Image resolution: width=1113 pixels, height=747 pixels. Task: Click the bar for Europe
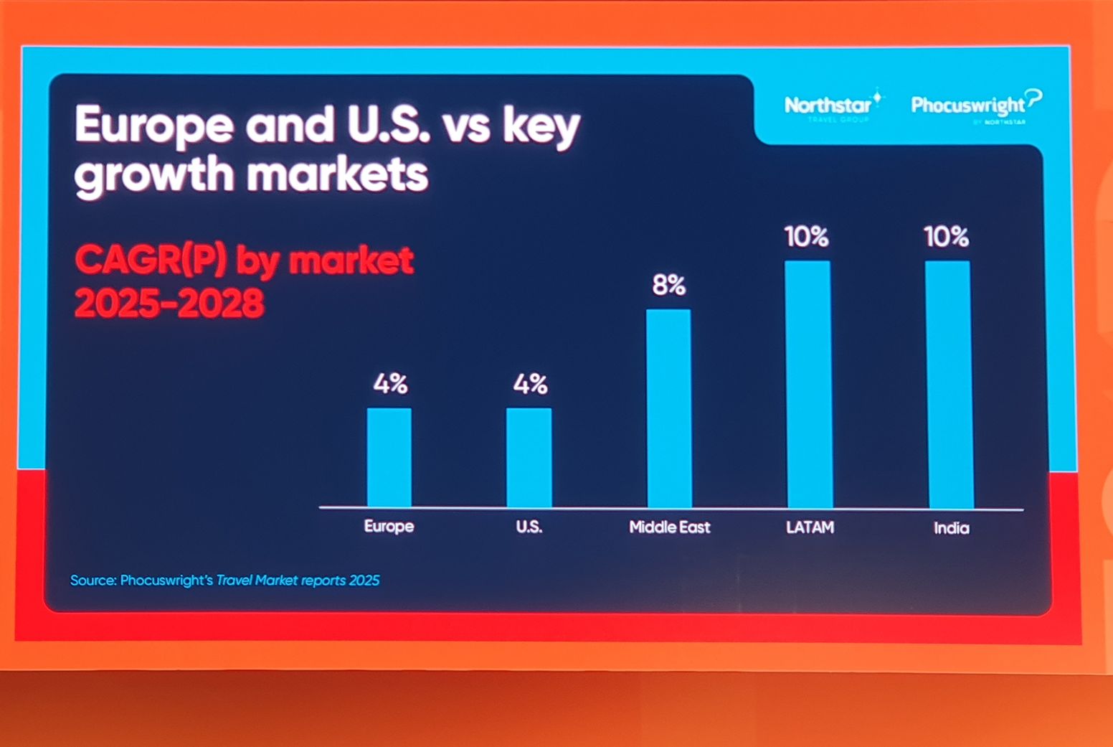[x=389, y=457]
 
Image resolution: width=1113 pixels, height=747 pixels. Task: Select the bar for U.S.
[x=529, y=457]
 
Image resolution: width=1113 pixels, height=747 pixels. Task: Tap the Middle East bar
[x=669, y=408]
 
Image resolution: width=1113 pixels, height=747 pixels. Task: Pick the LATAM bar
[x=808, y=384]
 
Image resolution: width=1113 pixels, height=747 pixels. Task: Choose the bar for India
[x=949, y=384]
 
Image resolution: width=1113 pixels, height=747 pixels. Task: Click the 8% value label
[x=669, y=286]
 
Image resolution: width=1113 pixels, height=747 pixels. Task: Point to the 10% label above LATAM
[x=807, y=237]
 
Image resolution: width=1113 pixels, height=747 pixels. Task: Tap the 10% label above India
[x=947, y=237]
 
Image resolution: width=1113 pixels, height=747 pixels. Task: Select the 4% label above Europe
[x=390, y=385]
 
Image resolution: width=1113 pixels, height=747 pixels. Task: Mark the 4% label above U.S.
[x=530, y=385]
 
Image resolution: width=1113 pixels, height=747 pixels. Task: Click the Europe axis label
[x=389, y=526]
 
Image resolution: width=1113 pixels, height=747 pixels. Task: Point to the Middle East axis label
[x=669, y=527]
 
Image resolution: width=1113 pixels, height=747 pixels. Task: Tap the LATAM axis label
[x=810, y=527]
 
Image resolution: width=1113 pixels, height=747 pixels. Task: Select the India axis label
[x=952, y=528]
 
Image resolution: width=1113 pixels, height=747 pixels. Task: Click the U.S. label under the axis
[x=529, y=527]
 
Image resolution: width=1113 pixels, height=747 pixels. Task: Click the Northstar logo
[x=833, y=106]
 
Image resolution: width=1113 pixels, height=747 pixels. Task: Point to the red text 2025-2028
[x=170, y=304]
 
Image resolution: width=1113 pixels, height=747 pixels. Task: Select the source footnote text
[x=224, y=580]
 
